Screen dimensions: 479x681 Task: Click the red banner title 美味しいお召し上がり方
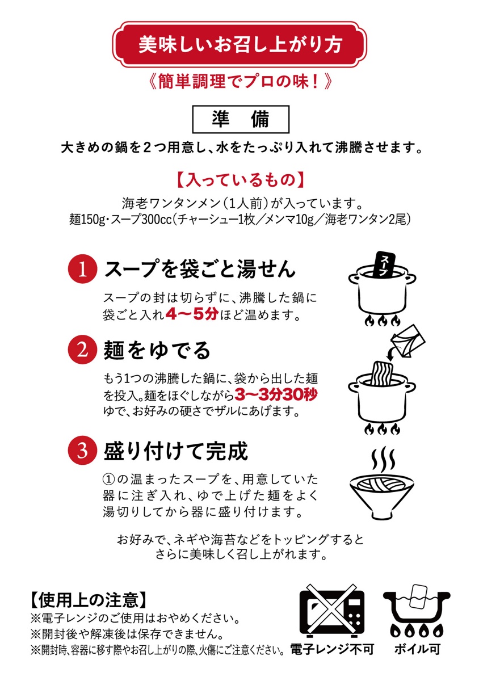[240, 44]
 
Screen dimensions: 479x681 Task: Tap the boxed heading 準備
[241, 119]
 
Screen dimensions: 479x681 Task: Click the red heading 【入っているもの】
[240, 180]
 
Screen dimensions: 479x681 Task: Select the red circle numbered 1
[82, 269]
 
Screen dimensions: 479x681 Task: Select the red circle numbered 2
[82, 350]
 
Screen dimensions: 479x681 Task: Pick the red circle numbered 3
[82, 450]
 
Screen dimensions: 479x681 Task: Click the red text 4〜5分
[192, 314]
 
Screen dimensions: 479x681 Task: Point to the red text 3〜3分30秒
[276, 395]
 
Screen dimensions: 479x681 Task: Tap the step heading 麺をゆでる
[157, 350]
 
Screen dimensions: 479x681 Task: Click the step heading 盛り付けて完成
[176, 451]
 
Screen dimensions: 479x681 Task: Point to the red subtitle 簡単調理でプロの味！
[240, 82]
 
